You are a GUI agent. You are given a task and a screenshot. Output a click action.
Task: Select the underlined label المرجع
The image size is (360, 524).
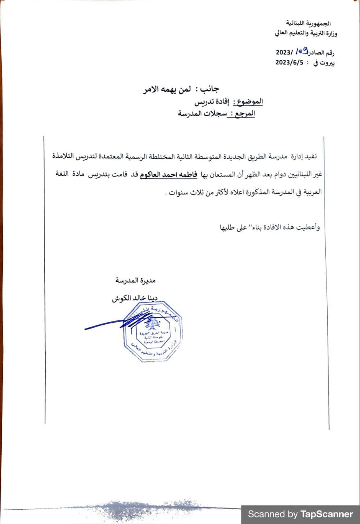(x=244, y=114)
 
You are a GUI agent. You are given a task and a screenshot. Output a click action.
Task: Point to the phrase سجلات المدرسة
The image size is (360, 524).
(x=201, y=114)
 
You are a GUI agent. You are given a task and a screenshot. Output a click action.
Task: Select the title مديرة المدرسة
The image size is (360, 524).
(x=136, y=281)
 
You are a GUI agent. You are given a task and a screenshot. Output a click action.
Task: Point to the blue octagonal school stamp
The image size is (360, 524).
(x=153, y=332)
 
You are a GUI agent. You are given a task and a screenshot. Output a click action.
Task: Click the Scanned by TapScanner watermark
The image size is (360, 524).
(x=300, y=514)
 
